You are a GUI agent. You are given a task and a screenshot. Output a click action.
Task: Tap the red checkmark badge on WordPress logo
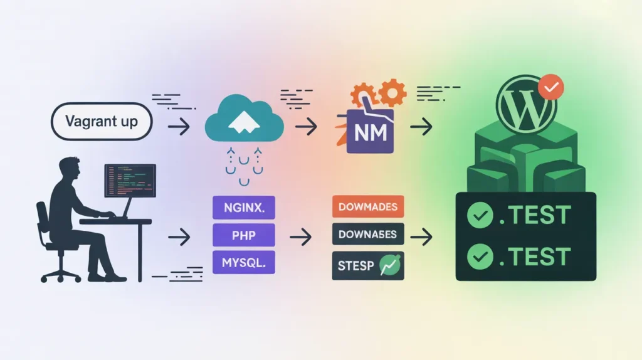[551, 88]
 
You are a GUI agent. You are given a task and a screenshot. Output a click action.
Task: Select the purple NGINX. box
[244, 208]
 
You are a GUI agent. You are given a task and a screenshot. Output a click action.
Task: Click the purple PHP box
[244, 236]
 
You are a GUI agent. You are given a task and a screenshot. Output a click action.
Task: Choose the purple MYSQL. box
[244, 262]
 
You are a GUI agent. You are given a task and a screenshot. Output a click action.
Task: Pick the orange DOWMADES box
[367, 208]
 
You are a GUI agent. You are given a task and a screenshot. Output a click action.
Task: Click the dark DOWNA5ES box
[367, 235]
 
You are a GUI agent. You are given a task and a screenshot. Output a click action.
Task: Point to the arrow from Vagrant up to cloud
[179, 127]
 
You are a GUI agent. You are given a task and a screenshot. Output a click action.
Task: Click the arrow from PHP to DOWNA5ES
[301, 237]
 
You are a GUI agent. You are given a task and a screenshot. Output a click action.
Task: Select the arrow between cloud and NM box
[305, 127]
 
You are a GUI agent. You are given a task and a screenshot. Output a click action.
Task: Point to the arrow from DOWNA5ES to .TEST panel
[424, 237]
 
